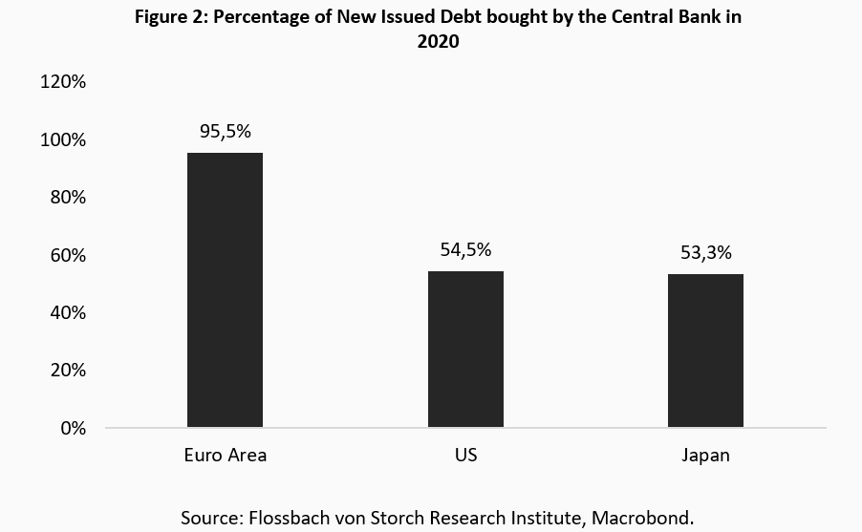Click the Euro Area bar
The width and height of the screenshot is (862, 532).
(x=225, y=289)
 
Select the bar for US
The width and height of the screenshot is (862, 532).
(x=465, y=349)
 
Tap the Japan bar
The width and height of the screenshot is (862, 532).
(x=705, y=350)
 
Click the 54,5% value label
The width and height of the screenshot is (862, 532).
(x=465, y=250)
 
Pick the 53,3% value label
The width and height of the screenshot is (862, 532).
(x=705, y=253)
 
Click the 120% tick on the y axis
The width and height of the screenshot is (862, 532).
(x=63, y=82)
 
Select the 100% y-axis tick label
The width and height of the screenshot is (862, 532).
(x=63, y=140)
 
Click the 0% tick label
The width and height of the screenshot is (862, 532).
(x=72, y=428)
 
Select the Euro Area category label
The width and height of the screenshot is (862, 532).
(x=225, y=455)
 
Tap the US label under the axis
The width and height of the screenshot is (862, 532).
(x=465, y=455)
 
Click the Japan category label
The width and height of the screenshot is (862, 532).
(x=705, y=456)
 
